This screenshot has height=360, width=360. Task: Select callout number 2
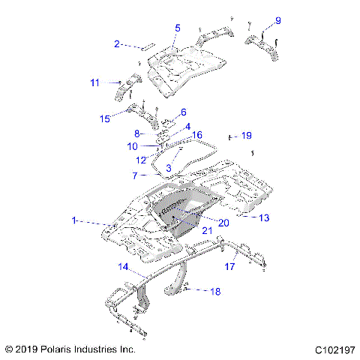117,44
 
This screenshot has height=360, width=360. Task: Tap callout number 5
178,28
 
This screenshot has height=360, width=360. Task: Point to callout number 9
277,20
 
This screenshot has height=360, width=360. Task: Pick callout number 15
105,118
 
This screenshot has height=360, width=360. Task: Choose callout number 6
184,112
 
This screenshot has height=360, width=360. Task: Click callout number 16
198,135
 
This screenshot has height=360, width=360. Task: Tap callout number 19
246,136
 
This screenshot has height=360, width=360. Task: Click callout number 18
214,291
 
